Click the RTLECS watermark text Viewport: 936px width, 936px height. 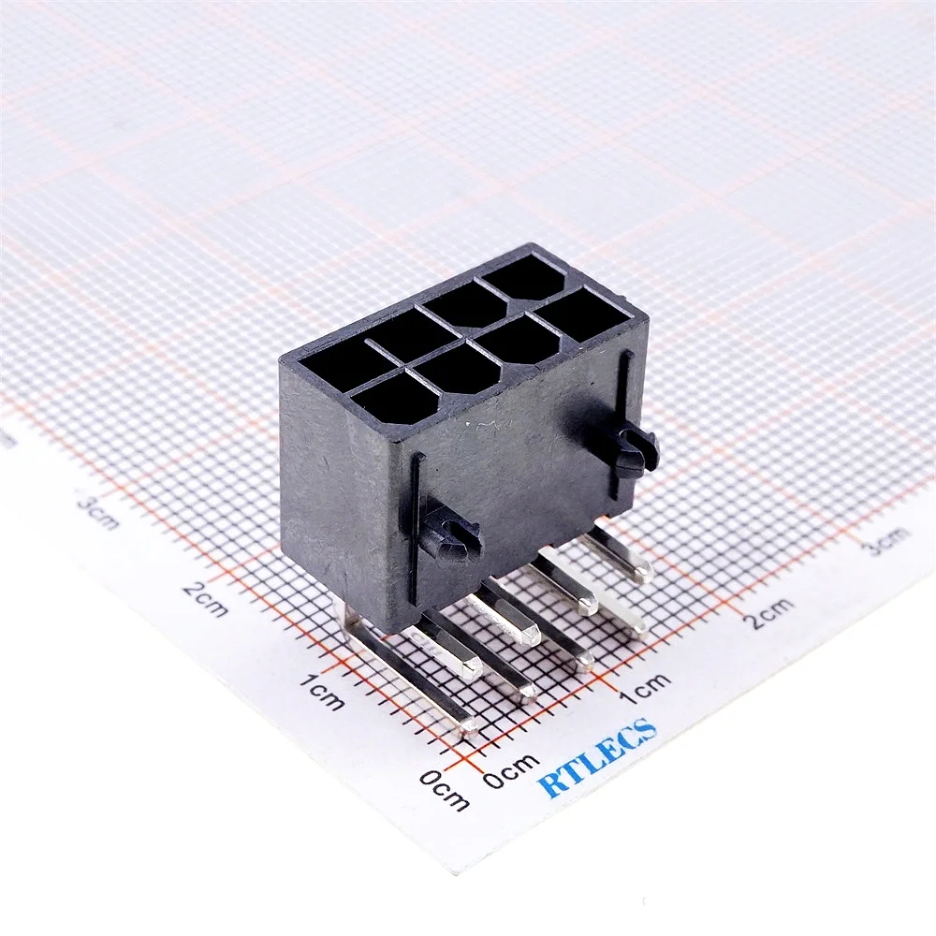pos(597,757)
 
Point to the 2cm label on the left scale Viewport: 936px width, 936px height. pos(205,598)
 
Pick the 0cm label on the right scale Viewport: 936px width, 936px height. pos(511,771)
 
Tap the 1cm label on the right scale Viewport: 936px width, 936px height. pos(644,690)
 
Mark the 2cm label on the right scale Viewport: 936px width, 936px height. pos(770,612)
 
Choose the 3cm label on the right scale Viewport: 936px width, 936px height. pos(887,541)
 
